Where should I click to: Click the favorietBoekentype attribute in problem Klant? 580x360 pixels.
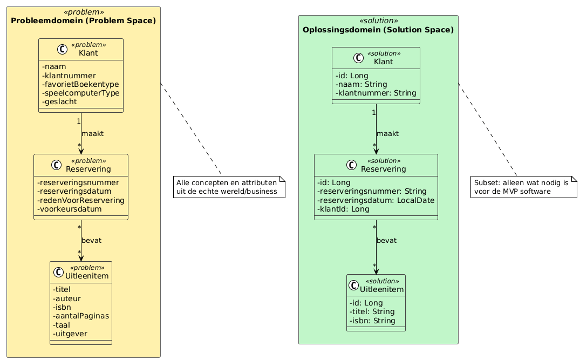80,84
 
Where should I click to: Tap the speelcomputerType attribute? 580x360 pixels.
80,93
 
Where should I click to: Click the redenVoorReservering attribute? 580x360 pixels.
81,200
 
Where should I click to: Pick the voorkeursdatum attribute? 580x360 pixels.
70,209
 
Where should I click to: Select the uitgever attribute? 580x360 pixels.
70,334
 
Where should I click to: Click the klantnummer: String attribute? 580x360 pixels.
376,93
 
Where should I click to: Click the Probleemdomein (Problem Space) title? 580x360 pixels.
84,21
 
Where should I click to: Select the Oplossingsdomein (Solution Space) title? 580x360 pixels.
378,30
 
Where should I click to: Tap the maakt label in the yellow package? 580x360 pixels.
92,133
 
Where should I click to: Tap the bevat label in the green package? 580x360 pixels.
386,240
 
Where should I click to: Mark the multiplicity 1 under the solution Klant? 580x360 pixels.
373,112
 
